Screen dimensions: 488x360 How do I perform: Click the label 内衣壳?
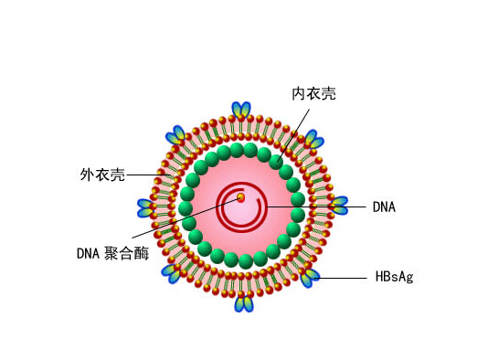tap(313, 94)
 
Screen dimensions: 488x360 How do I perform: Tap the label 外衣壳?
tap(102, 175)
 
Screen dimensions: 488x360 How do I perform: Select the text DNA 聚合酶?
tap(112, 253)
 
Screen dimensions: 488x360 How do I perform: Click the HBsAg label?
tap(394, 277)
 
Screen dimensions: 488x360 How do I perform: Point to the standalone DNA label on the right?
tap(384, 206)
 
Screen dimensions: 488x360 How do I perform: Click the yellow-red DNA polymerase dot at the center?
tap(240, 197)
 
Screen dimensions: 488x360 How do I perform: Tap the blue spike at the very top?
tap(241, 110)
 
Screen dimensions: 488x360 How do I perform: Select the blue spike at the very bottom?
tap(244, 303)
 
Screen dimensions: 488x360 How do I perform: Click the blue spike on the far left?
tap(145, 208)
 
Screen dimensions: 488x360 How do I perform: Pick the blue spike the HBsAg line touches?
tap(310, 278)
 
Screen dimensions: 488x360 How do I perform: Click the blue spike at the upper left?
tap(175, 135)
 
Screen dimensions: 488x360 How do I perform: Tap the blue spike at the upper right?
tap(314, 140)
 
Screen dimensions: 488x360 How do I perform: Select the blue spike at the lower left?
tap(172, 273)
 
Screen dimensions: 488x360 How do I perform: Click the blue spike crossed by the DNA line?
tap(339, 206)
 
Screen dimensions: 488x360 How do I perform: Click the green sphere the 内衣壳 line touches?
tap(276, 162)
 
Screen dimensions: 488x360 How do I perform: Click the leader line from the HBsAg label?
tap(342, 278)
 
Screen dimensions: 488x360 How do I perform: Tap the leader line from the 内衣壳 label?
tap(293, 134)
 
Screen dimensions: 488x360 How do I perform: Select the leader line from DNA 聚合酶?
tap(186, 218)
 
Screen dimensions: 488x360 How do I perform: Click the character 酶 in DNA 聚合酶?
tap(142, 253)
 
